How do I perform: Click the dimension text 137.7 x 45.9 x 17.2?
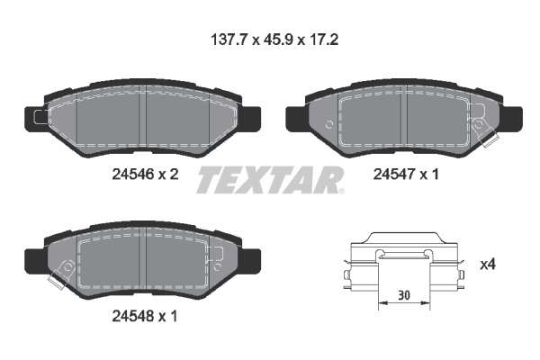pyautogui.click(x=274, y=40)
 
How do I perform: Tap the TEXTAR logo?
pyautogui.click(x=270, y=180)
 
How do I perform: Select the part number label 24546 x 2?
pyautogui.click(x=145, y=175)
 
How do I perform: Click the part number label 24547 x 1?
pyautogui.click(x=406, y=175)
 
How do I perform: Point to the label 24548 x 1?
pyautogui.click(x=145, y=316)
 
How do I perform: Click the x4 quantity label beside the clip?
pyautogui.click(x=488, y=265)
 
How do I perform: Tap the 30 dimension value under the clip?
pyautogui.click(x=404, y=295)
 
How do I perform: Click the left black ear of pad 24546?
pyautogui.click(x=34, y=118)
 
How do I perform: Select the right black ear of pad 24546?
pyautogui.click(x=249, y=119)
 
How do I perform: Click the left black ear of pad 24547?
pyautogui.click(x=296, y=119)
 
